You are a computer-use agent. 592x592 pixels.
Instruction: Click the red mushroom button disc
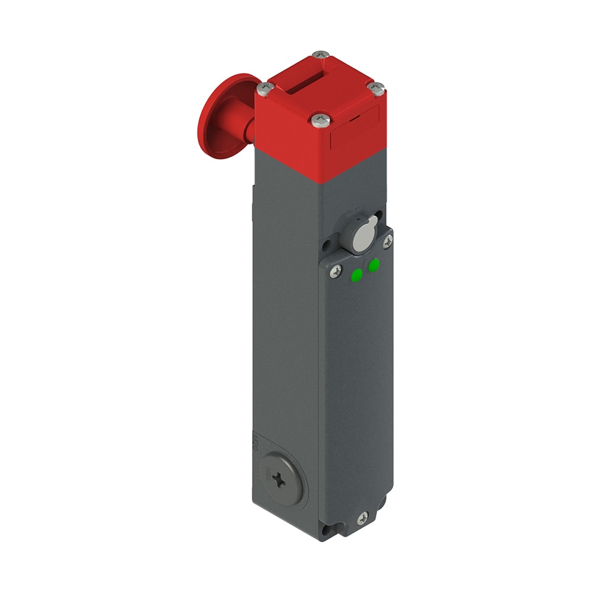tap(216, 116)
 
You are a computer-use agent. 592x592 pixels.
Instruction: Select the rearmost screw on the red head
tap(320, 54)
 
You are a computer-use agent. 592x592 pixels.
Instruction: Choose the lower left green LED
tap(357, 275)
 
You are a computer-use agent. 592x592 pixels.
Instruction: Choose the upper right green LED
tap(374, 266)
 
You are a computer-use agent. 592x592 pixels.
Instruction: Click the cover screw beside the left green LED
tap(336, 272)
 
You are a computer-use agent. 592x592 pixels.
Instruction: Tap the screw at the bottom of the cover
tap(362, 518)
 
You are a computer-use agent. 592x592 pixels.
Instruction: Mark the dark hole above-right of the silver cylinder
tap(378, 216)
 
